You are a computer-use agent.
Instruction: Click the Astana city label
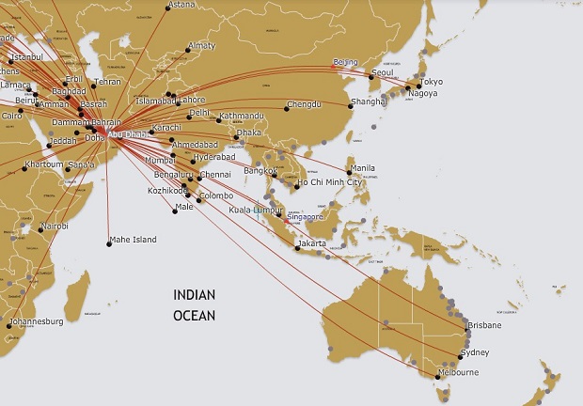[181, 6]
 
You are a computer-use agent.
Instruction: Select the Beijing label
[345, 63]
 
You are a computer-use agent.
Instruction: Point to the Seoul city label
[383, 72]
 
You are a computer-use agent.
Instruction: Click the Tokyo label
[432, 82]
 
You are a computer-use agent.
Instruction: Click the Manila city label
[362, 169]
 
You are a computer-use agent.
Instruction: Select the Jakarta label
[311, 243]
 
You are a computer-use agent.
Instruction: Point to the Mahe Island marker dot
[107, 243]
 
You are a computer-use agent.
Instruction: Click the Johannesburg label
[36, 321]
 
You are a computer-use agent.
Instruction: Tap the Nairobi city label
[55, 226]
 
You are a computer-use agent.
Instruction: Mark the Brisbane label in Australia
[484, 325]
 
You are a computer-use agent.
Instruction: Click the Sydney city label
[475, 352]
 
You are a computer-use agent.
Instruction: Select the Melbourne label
[458, 373]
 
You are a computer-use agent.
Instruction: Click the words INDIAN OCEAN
[194, 305]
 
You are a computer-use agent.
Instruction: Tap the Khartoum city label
[44, 164]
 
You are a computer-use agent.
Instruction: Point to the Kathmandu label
[240, 117]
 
